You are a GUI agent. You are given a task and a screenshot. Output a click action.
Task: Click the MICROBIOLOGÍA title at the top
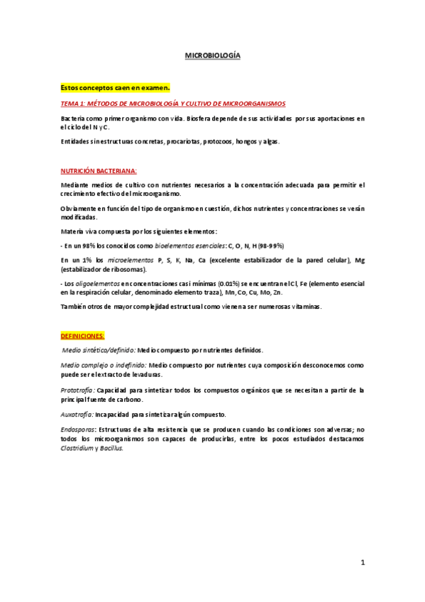click(212, 54)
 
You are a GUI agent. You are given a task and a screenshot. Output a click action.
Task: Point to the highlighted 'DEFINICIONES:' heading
click(83, 335)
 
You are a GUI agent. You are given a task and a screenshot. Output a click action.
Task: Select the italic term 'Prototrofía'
click(77, 390)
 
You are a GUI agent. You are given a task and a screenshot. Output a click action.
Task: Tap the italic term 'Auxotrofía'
click(77, 414)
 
